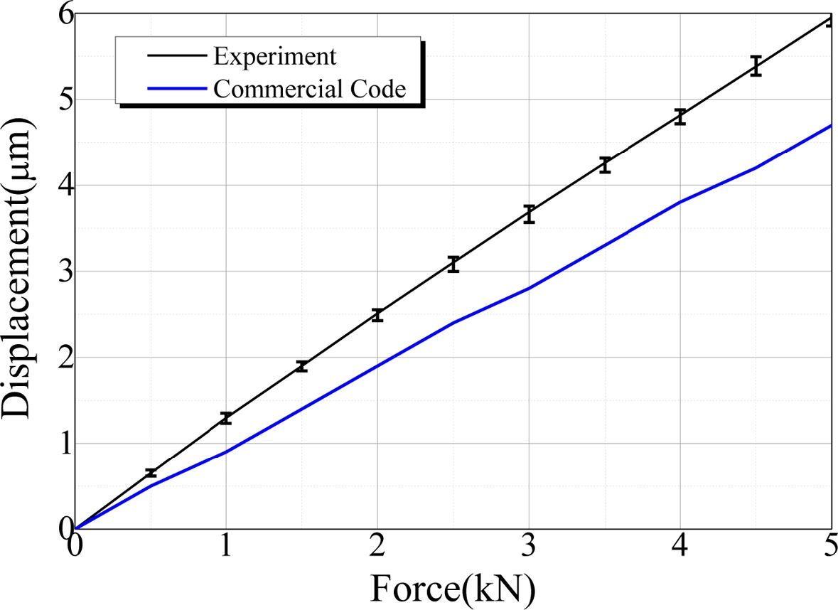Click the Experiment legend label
(274, 55)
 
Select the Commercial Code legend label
(309, 89)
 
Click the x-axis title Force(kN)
(452, 587)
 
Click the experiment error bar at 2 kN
(377, 316)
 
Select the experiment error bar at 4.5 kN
(756, 65)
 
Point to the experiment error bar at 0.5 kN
(151, 473)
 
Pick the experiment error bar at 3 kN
(529, 214)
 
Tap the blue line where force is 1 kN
(226, 452)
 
